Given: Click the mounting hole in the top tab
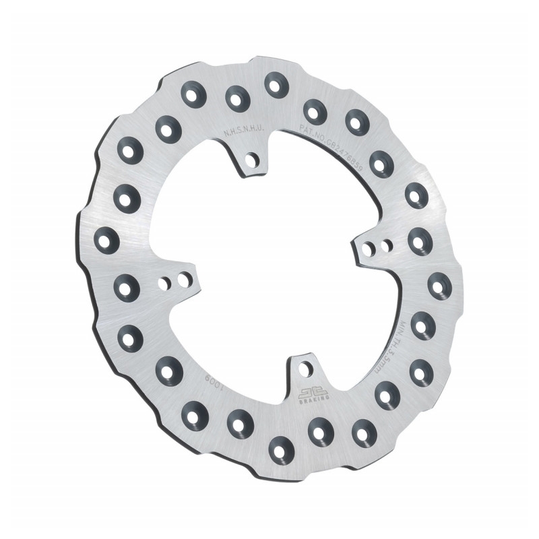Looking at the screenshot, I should coord(253,160).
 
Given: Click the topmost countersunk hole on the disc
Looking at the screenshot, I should coord(275,84).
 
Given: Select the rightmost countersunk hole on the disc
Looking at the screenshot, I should coord(440,285).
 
